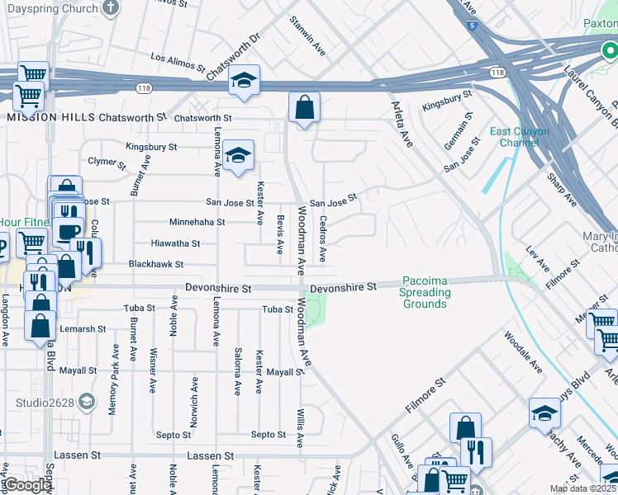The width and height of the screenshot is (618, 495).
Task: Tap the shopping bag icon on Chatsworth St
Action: (x=304, y=107)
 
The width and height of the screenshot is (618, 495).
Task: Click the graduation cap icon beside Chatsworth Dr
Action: (x=244, y=80)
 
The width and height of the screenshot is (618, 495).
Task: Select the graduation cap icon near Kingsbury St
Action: (x=238, y=155)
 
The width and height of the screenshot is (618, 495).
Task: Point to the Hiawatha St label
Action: (x=175, y=243)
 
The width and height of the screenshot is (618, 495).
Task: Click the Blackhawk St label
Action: (x=155, y=264)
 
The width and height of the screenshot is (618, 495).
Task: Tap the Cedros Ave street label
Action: (x=323, y=239)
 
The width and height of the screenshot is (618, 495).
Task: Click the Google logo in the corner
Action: (x=27, y=485)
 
